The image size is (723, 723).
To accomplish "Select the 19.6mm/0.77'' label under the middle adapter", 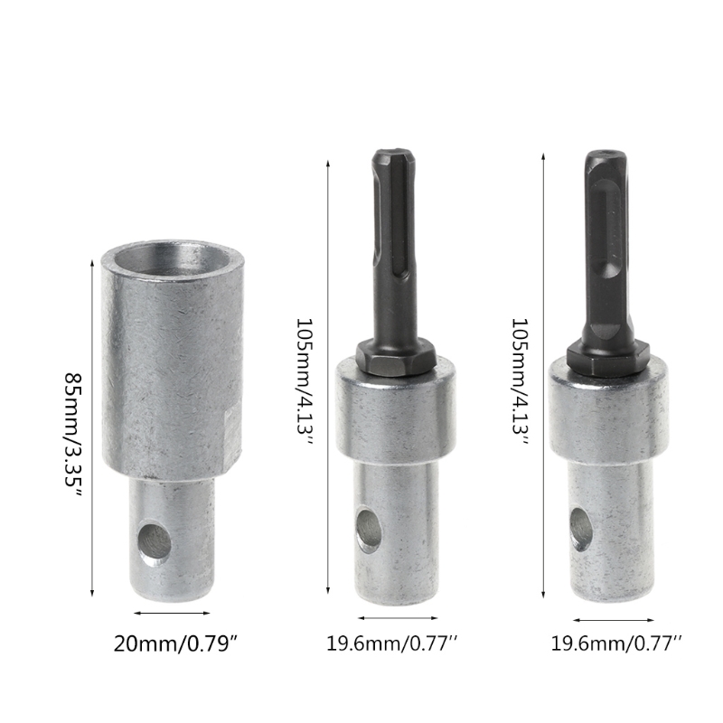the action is point(392,643).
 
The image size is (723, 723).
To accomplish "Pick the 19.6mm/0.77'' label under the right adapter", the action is point(616,643).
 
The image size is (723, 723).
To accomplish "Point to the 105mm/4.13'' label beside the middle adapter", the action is point(305,380).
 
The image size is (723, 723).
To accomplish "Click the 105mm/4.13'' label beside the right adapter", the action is point(520,380).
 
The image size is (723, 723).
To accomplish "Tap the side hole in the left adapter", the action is point(155,542).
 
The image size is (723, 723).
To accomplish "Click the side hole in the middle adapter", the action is point(369,531).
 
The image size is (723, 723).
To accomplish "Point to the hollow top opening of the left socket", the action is point(173,259).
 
